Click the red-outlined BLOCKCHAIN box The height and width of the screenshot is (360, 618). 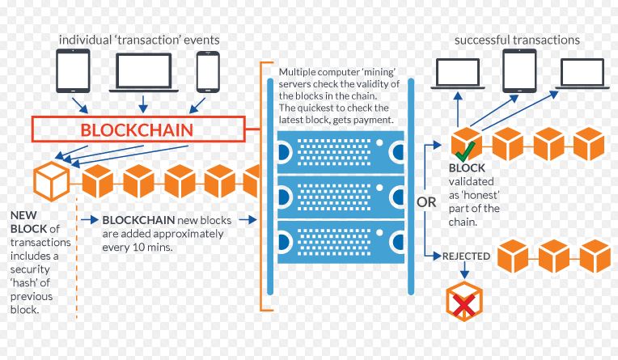[138, 129]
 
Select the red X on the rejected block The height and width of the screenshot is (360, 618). [463, 303]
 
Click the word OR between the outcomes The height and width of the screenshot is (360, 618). [426, 201]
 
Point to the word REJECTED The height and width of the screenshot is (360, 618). [466, 256]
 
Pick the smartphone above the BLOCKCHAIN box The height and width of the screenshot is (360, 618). [207, 72]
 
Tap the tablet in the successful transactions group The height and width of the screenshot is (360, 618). [519, 70]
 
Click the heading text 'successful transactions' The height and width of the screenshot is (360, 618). [516, 40]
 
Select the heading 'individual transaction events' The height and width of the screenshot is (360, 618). [139, 40]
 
